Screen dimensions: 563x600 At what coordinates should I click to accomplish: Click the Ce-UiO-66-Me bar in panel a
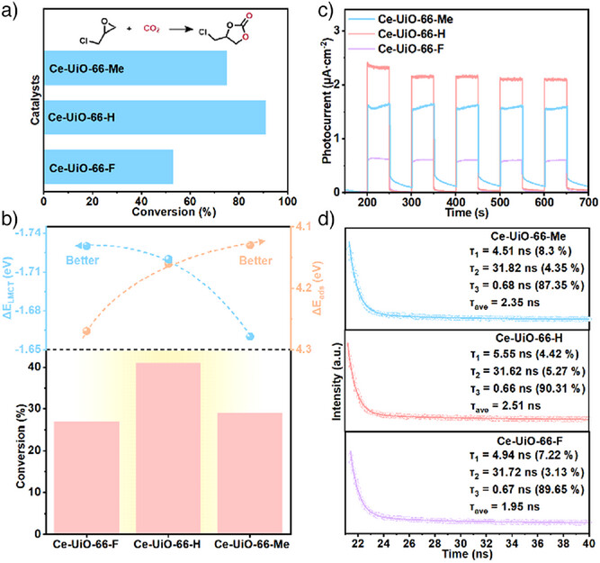tap(135, 68)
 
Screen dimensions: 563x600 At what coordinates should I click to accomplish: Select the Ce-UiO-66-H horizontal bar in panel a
tap(154, 117)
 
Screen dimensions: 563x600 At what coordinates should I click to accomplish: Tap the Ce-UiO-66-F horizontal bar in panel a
tap(108, 167)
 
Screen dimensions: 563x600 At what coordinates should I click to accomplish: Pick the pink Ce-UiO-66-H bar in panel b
tap(166, 448)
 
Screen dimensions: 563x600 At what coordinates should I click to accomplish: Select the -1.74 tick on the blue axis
tap(23, 233)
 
